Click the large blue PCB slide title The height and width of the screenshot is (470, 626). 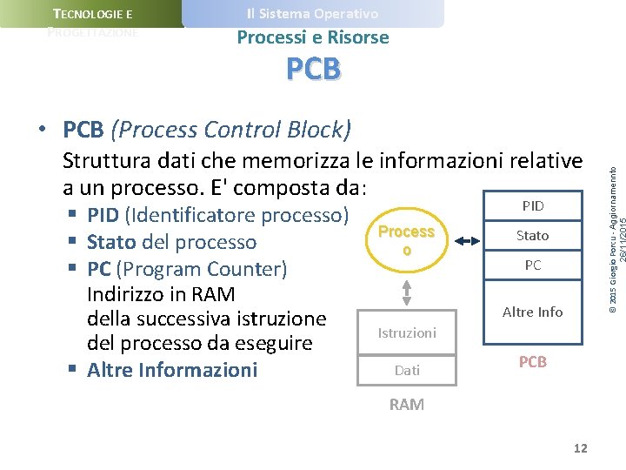(x=313, y=69)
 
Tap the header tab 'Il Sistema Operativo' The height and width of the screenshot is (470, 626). (x=312, y=14)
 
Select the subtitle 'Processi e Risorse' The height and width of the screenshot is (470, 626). (x=313, y=37)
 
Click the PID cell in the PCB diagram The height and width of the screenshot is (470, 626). (x=532, y=206)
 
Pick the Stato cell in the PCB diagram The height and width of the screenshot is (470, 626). (x=532, y=235)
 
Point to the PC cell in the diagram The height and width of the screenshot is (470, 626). (x=532, y=265)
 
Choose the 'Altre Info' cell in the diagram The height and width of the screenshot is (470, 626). (x=532, y=312)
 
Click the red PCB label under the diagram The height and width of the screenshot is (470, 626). (x=532, y=362)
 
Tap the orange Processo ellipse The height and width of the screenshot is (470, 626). (x=406, y=240)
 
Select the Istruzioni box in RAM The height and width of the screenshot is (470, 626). (x=406, y=332)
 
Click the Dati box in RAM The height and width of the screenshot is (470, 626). (x=406, y=370)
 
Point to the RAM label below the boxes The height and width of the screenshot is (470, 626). (x=406, y=405)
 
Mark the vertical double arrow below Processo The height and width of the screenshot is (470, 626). (x=406, y=285)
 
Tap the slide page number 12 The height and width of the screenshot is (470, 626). (x=580, y=448)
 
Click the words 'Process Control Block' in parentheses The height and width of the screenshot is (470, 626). (x=231, y=131)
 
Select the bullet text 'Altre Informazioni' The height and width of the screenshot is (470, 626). (x=172, y=370)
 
